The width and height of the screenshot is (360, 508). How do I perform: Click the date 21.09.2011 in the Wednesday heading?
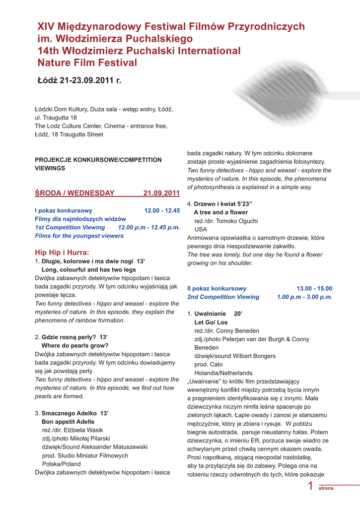click(x=161, y=193)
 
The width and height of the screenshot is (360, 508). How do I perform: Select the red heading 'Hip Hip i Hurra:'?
click(x=62, y=252)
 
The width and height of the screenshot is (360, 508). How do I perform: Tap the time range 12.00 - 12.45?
click(x=162, y=211)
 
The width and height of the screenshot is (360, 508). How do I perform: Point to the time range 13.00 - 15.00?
click(x=314, y=288)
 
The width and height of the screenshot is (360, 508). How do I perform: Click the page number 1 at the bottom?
click(x=310, y=486)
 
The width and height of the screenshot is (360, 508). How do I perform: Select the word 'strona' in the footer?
click(x=326, y=489)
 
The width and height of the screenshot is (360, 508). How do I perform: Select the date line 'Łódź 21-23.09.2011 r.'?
click(x=79, y=80)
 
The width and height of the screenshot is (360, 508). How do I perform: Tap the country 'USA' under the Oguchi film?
click(x=200, y=229)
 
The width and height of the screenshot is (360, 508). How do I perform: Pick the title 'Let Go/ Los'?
click(x=211, y=322)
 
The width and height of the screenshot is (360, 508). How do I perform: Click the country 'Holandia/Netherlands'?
click(x=223, y=373)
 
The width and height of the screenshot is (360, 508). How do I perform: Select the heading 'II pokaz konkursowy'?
click(x=216, y=288)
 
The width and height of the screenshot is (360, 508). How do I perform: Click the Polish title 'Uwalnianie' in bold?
click(x=211, y=314)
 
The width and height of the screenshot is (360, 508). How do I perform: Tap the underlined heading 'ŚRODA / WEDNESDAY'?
click(x=74, y=193)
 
